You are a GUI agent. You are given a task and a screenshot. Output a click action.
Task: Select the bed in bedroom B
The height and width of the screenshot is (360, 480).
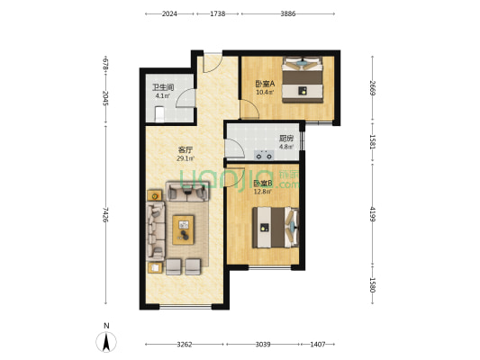click(274, 227)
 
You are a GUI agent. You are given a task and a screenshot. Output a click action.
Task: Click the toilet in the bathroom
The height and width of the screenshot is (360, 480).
click(158, 113)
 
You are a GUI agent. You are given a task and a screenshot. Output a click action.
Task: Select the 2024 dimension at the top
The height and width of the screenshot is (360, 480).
click(171, 14)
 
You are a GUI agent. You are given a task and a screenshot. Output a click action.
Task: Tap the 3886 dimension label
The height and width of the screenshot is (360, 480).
click(287, 14)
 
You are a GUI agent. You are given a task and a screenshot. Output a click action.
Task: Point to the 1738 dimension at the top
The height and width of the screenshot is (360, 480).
click(217, 14)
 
